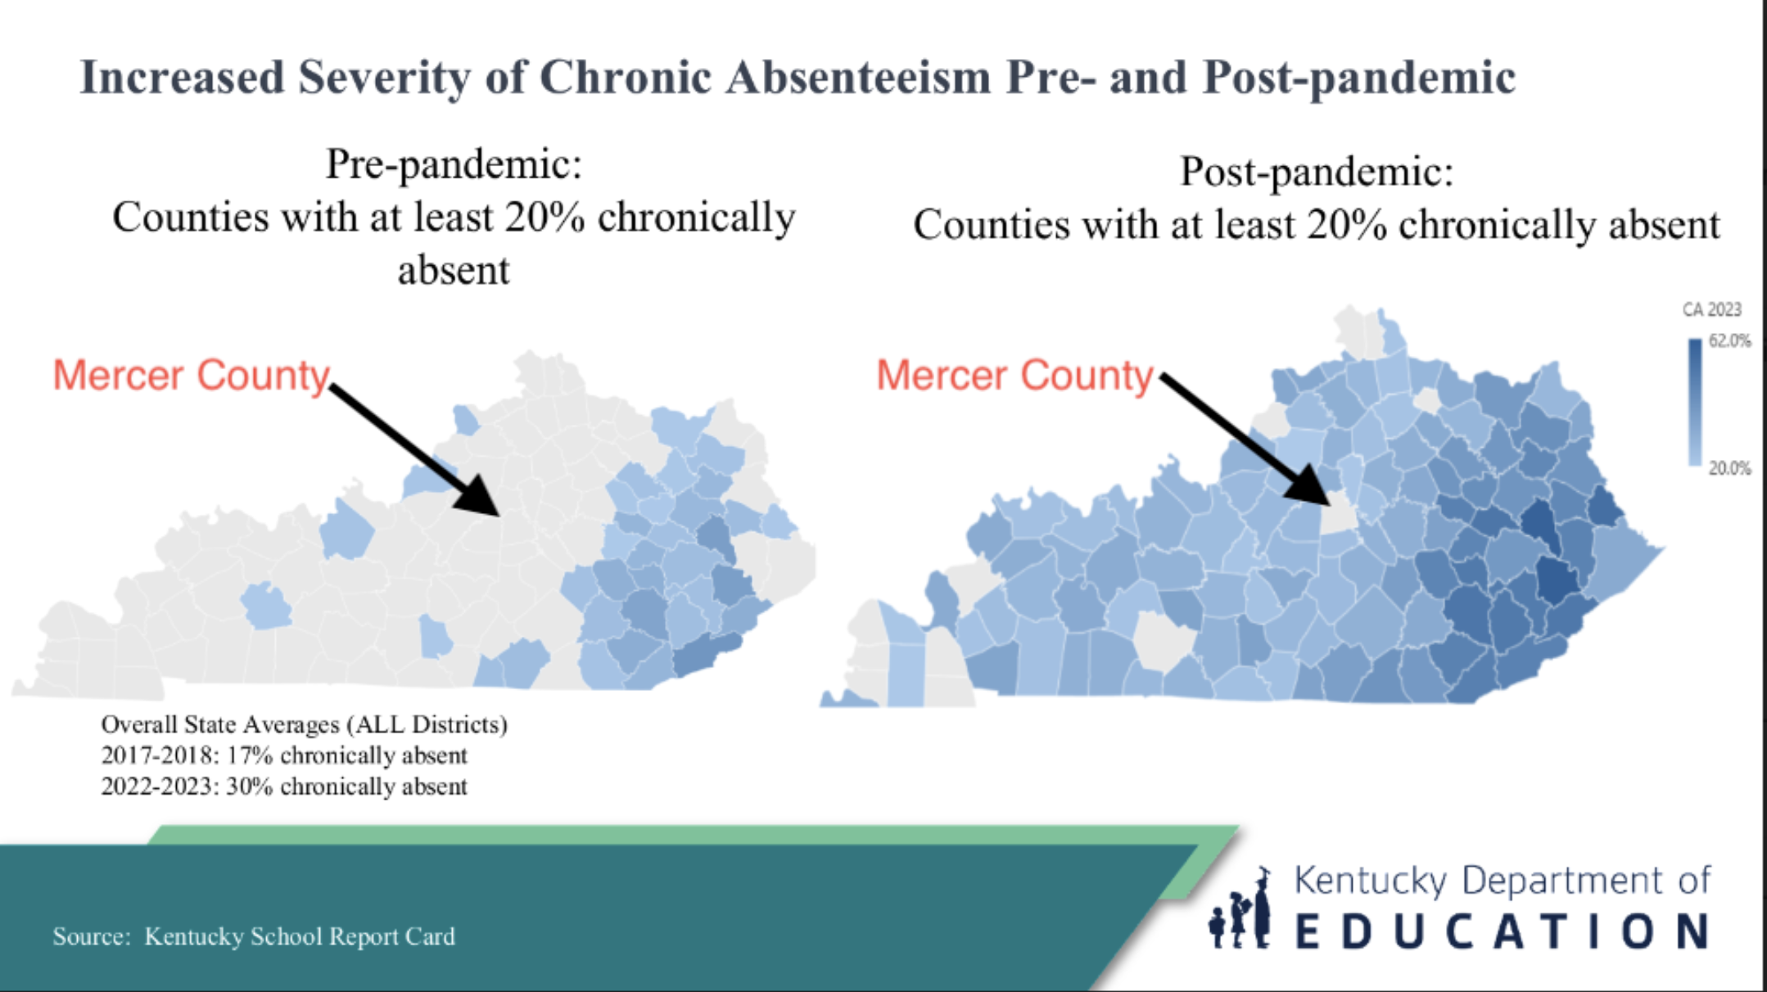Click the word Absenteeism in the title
click(858, 78)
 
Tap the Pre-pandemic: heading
click(454, 165)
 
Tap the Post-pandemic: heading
click(1317, 172)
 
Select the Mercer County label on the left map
click(191, 376)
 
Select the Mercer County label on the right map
click(1015, 376)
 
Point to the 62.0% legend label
click(1729, 340)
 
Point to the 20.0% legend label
click(1729, 468)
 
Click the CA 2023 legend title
click(1711, 309)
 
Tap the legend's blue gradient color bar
click(1695, 403)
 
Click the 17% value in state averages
click(249, 755)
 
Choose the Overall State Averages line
click(304, 725)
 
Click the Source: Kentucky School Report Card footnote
click(254, 936)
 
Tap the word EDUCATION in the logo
click(1503, 931)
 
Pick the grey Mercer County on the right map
click(1338, 516)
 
